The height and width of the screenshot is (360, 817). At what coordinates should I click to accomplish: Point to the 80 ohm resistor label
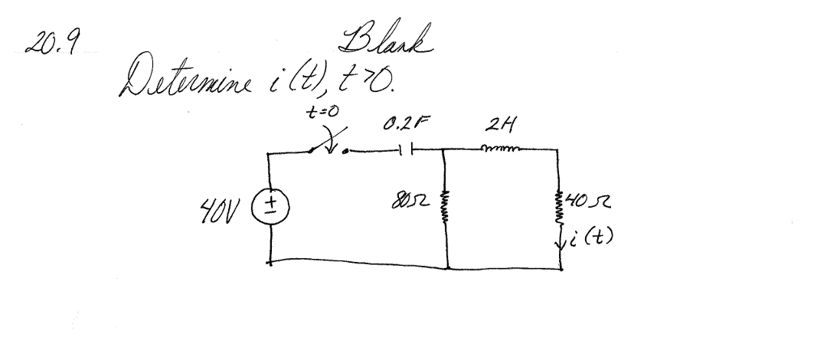[414, 205]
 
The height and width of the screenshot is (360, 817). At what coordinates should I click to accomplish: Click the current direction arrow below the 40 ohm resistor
[563, 244]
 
